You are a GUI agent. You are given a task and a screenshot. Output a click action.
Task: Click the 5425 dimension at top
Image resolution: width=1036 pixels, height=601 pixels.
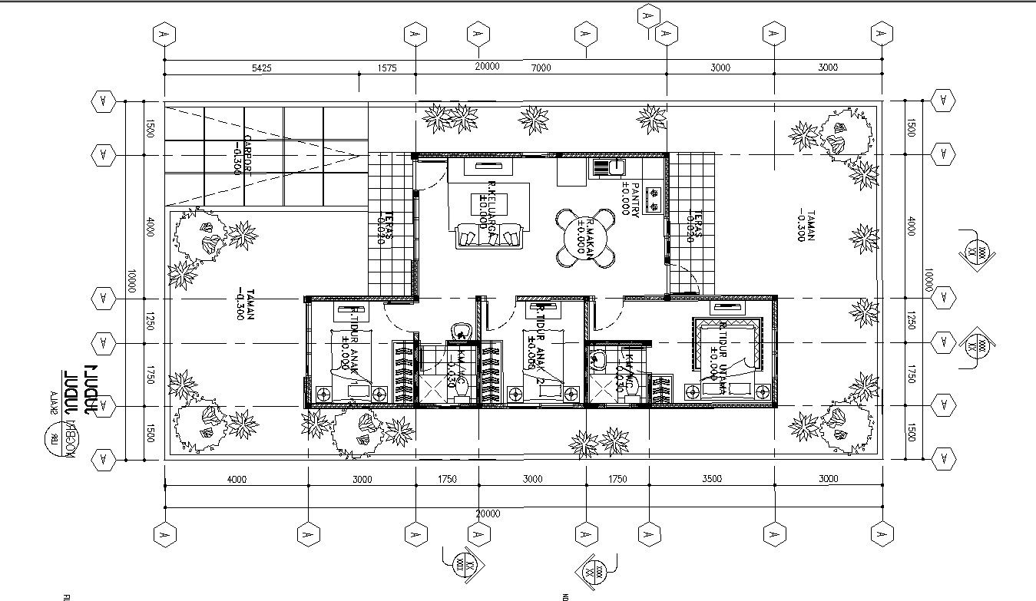(x=263, y=68)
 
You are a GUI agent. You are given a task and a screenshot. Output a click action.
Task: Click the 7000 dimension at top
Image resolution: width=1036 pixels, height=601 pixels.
(x=541, y=68)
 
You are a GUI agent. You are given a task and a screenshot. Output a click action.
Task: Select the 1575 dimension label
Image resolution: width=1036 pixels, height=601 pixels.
(x=388, y=68)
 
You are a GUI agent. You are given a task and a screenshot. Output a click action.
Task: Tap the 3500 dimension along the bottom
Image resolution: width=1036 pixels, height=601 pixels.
(x=712, y=479)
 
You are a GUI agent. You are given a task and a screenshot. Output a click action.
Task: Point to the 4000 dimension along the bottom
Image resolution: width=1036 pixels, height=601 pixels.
(x=237, y=479)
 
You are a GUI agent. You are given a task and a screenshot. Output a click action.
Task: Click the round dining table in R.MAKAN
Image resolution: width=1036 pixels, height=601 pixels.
(x=587, y=239)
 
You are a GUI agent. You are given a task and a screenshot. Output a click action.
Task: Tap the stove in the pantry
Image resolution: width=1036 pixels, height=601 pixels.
(x=655, y=200)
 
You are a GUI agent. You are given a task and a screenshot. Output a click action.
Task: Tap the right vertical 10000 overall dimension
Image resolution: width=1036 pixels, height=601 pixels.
(x=928, y=281)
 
